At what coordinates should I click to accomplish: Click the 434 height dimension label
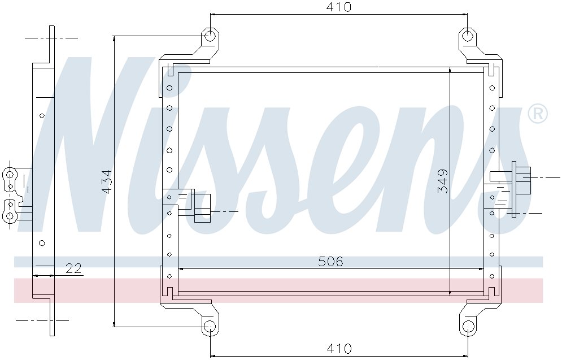106,181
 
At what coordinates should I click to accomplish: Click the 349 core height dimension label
443,181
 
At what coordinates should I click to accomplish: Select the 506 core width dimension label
330,262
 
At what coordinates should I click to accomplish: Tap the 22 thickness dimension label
73,268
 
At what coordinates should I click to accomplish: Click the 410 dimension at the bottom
339,348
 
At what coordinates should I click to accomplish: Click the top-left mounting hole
210,36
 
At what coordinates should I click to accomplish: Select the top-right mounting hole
468,36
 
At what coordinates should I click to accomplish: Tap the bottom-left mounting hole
210,326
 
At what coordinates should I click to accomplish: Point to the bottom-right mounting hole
468,326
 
